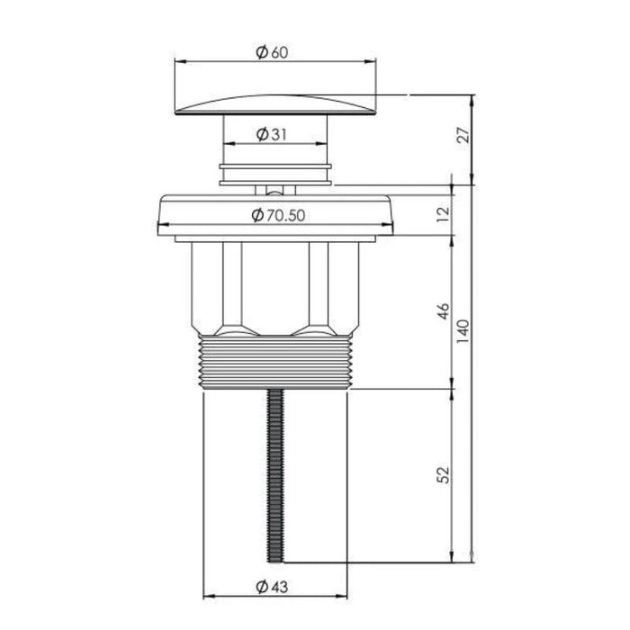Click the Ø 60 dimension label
tap(272, 52)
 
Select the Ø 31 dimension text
tap(272, 134)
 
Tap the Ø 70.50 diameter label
tap(278, 216)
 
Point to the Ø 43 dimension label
tap(272, 587)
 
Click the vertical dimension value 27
tap(463, 135)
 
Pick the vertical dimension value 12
tap(442, 215)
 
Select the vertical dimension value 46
tap(443, 311)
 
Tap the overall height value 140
tap(463, 331)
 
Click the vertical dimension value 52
tap(443, 475)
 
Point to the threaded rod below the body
tap(275, 476)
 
